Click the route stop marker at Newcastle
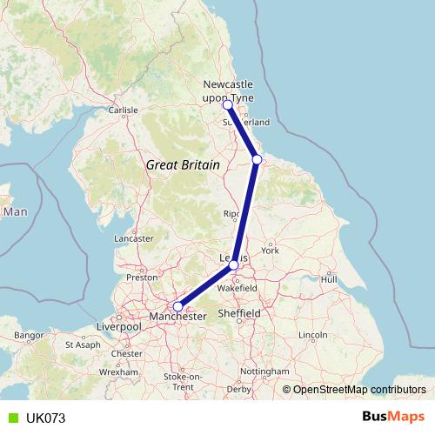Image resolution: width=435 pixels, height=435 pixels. (228, 105)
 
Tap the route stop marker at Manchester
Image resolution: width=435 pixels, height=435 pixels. (177, 306)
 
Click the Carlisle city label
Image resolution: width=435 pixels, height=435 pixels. (123, 110)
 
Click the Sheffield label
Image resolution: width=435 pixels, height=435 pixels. (239, 312)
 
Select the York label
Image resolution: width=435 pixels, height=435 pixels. (271, 251)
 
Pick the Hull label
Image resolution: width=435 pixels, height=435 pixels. (329, 279)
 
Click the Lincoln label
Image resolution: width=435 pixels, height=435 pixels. (311, 335)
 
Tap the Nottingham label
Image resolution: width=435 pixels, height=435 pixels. (264, 371)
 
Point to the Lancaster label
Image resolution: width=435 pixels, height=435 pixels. (134, 238)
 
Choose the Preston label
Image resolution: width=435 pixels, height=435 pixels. (142, 278)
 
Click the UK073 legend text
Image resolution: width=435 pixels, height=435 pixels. (45, 418)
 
